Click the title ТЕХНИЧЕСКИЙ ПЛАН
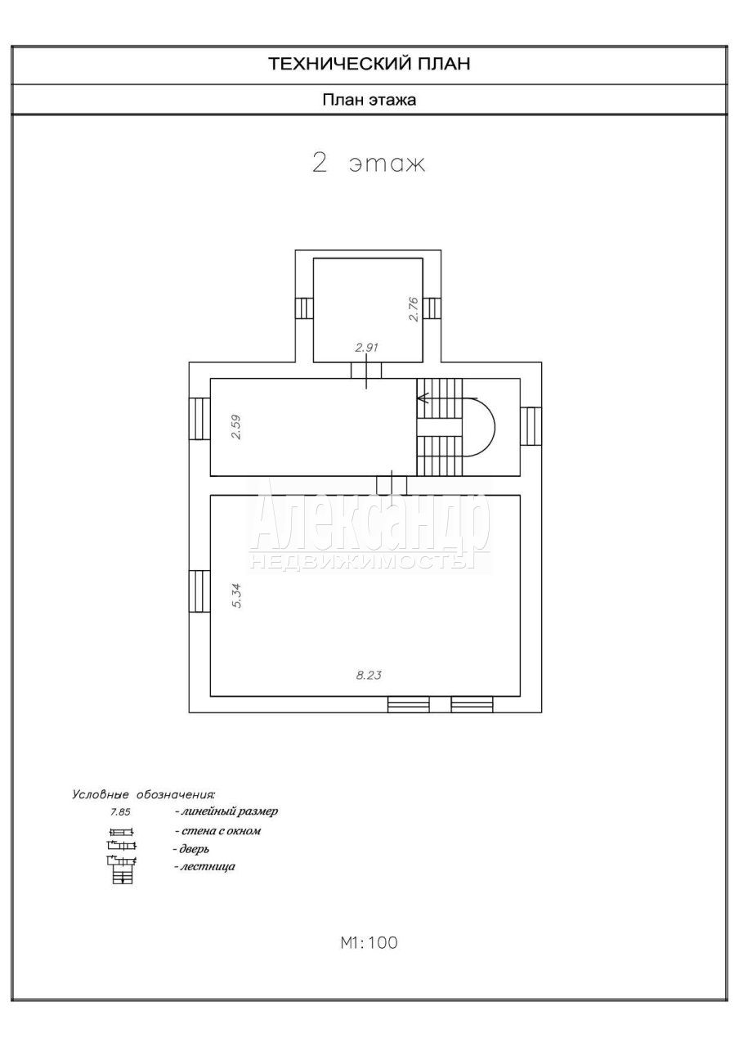(369, 64)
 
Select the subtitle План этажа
(369, 100)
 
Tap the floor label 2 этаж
(369, 164)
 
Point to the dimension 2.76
(414, 309)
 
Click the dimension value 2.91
(366, 348)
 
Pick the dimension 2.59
(236, 427)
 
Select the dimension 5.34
(236, 595)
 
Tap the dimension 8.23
(369, 675)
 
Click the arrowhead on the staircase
(423, 398)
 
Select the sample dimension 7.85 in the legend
(120, 812)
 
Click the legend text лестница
(204, 866)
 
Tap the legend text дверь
(190, 848)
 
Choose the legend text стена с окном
(217, 830)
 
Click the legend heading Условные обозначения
(143, 794)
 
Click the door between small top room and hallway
(366, 371)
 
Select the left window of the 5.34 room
(199, 591)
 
